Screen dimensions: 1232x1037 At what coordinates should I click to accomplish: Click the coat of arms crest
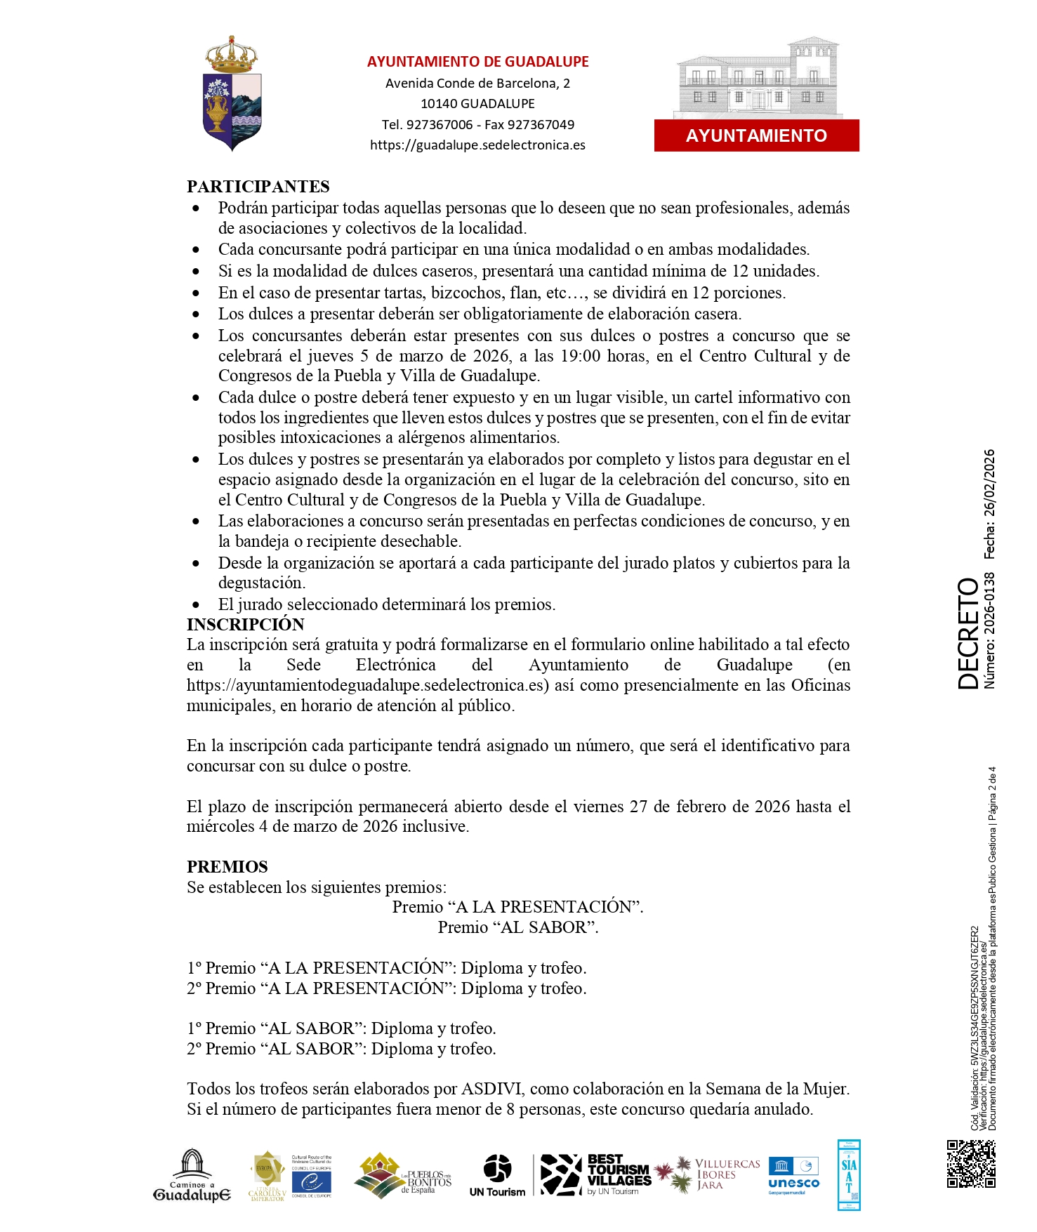point(232,94)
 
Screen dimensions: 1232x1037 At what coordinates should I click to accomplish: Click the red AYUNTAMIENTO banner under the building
point(756,135)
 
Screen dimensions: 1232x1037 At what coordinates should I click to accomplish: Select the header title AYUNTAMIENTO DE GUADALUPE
point(477,62)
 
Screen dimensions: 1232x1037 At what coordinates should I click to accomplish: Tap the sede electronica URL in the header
point(477,145)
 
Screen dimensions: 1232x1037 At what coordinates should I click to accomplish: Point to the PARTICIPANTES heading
point(258,187)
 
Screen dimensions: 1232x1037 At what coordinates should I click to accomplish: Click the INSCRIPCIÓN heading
point(245,624)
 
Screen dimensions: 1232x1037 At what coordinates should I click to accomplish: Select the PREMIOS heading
point(227,866)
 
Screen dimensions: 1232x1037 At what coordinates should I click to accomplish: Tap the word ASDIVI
point(491,1089)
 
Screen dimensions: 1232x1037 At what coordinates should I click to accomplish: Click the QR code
point(970,1164)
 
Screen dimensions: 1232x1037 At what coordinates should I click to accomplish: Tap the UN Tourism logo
point(497,1175)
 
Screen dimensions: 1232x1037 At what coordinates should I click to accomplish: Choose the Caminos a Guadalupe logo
point(192,1175)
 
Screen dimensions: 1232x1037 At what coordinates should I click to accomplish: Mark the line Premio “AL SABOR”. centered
point(518,927)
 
